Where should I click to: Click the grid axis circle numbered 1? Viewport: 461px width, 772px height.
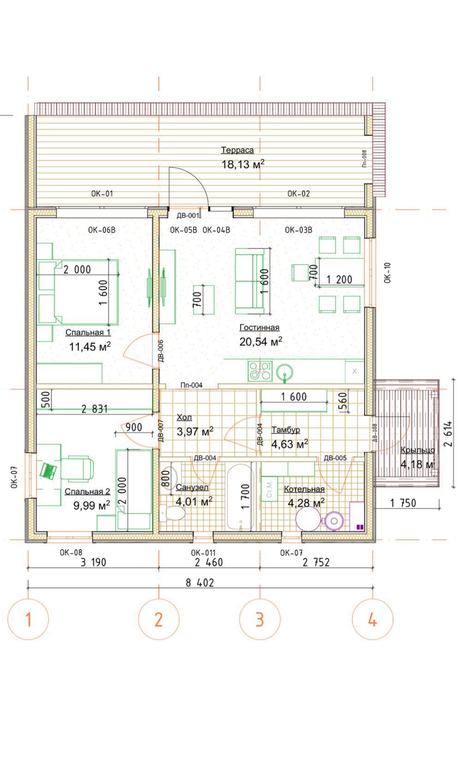click(28, 619)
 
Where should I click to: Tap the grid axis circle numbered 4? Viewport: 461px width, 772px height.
click(372, 619)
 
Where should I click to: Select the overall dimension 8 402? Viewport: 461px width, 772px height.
click(200, 583)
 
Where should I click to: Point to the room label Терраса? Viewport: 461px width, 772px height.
click(237, 150)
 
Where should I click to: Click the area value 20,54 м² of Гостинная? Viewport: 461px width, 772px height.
click(261, 342)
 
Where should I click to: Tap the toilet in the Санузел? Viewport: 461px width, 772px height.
click(172, 513)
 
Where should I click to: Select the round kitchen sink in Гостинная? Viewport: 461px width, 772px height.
click(285, 372)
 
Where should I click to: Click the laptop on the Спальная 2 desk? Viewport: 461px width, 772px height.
click(48, 471)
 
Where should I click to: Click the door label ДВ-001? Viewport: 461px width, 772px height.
click(188, 216)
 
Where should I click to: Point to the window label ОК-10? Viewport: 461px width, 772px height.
click(388, 273)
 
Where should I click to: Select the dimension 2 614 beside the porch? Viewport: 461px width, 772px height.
click(448, 434)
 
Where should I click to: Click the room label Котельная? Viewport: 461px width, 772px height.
click(304, 489)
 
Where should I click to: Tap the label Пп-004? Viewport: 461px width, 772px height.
click(192, 386)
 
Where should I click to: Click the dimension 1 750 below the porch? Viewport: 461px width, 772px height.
click(403, 503)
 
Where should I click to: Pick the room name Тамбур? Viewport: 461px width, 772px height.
click(286, 430)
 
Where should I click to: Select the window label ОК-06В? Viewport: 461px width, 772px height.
click(101, 230)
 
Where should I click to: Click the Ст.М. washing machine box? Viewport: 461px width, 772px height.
click(269, 489)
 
